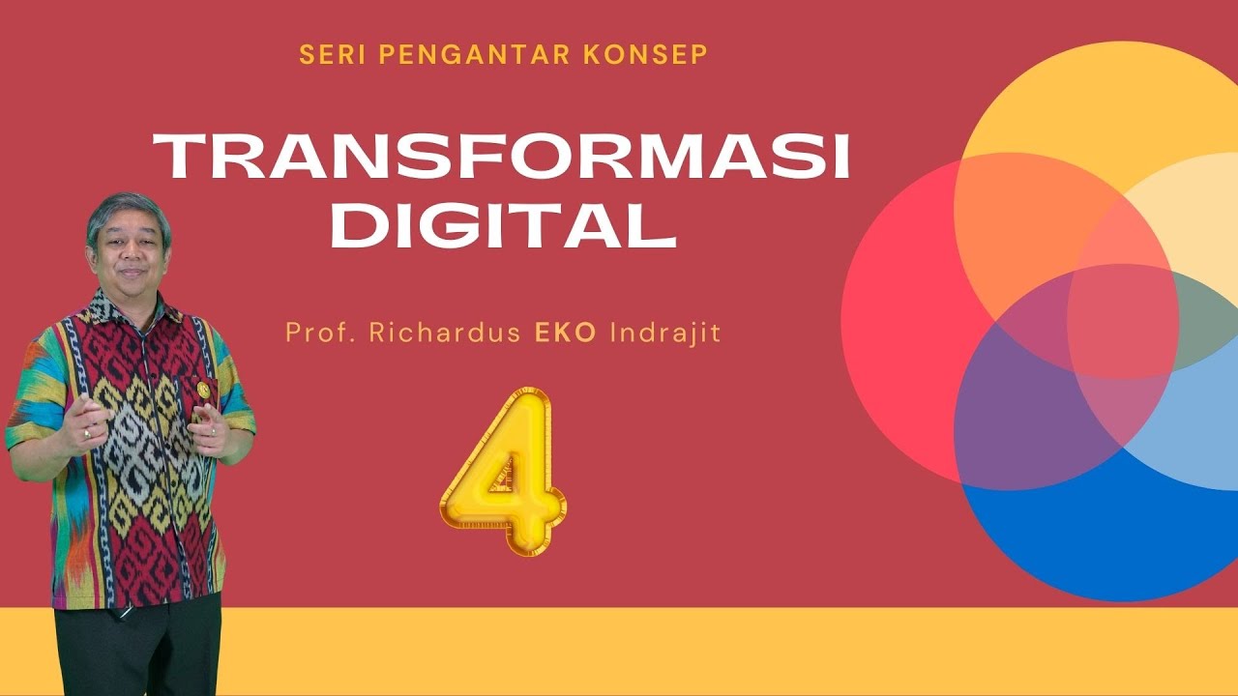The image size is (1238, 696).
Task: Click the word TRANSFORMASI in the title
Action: click(x=501, y=158)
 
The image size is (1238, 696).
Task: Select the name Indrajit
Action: click(x=666, y=333)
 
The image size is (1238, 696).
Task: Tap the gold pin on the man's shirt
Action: click(x=202, y=388)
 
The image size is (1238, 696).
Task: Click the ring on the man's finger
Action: click(x=86, y=434)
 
